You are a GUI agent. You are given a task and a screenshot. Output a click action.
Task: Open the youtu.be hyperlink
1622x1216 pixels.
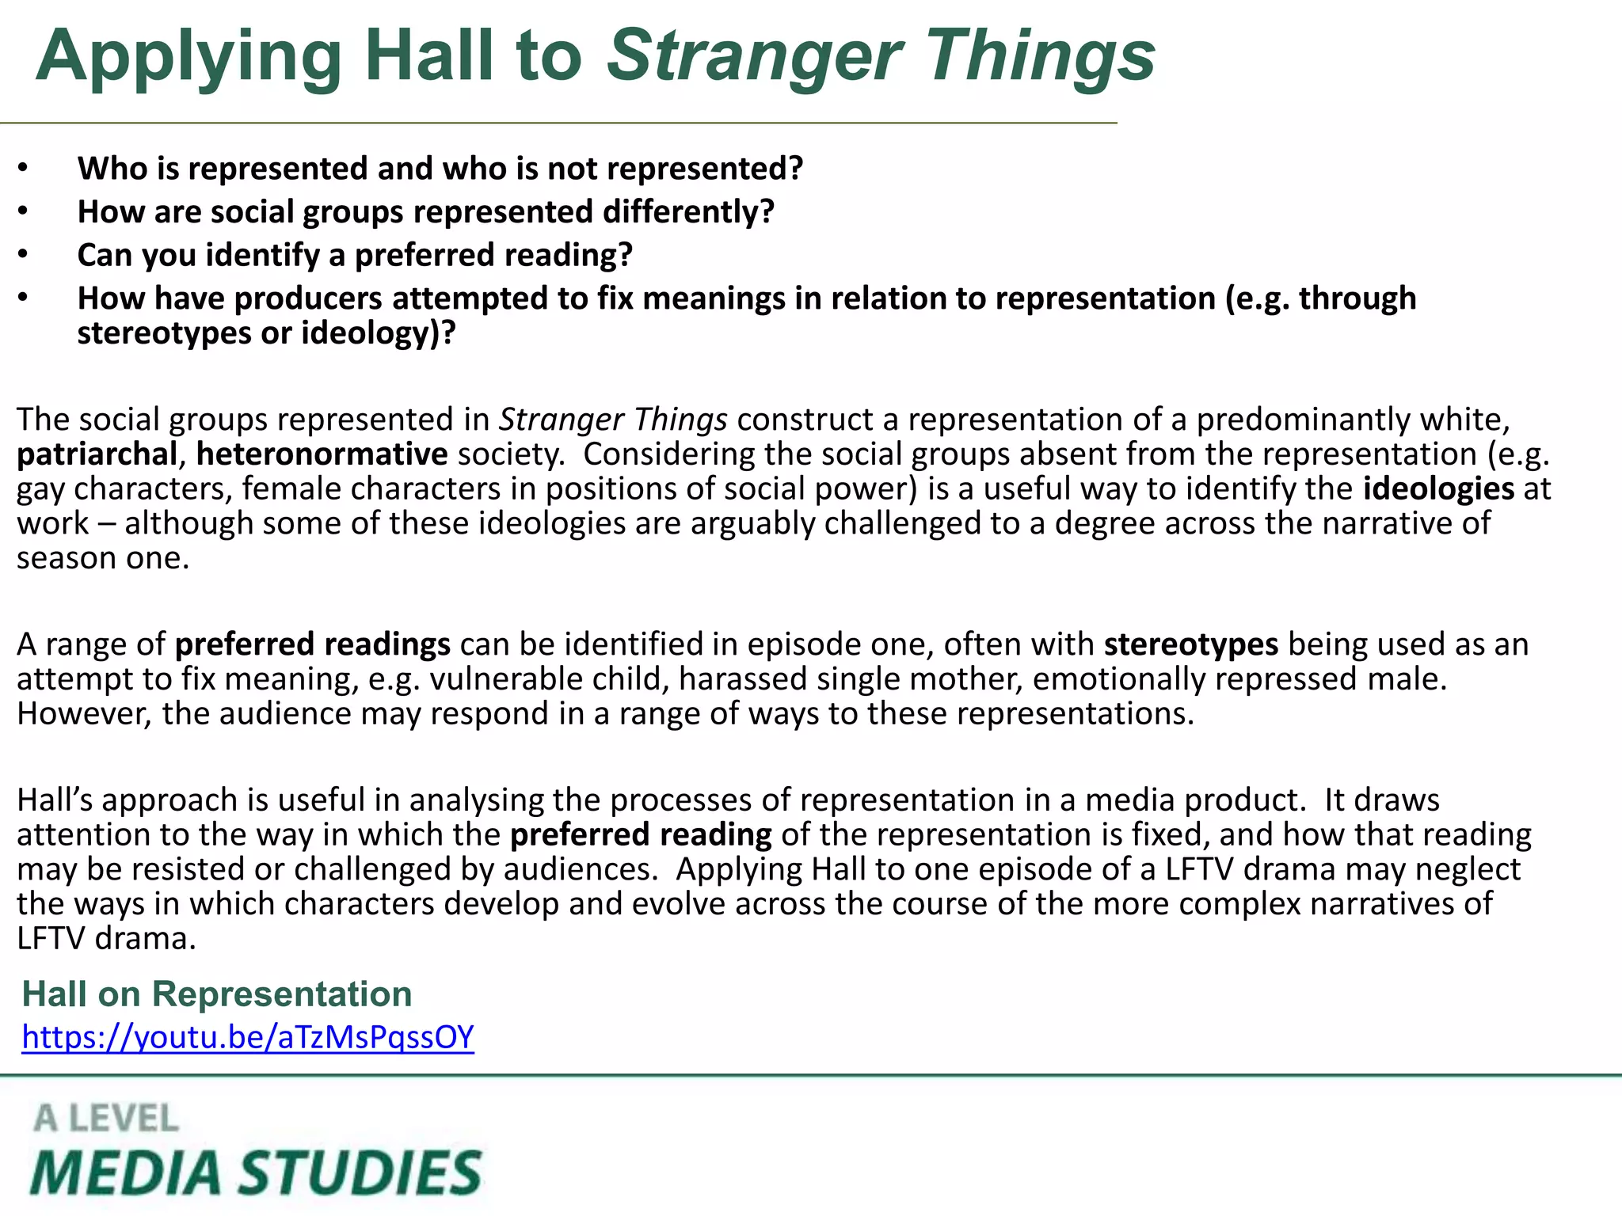click(248, 1036)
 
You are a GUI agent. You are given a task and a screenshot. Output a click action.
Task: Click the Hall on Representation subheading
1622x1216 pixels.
click(217, 994)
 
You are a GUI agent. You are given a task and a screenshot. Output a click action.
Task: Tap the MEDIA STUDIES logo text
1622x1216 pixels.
click(256, 1172)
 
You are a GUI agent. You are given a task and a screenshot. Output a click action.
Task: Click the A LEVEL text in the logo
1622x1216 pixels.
click(106, 1119)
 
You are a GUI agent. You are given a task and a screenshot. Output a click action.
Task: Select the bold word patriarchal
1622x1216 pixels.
click(97, 454)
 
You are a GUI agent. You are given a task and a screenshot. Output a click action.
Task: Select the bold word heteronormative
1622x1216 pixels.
click(322, 454)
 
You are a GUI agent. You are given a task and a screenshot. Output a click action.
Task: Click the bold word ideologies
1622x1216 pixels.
click(1438, 488)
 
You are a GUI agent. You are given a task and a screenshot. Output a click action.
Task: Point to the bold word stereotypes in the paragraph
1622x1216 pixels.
click(1190, 644)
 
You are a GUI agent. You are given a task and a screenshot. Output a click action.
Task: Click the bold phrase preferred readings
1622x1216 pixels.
click(312, 644)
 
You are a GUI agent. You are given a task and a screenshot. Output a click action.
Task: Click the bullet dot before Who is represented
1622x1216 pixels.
click(24, 168)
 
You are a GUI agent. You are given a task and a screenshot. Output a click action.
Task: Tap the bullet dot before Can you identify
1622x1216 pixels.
click(24, 254)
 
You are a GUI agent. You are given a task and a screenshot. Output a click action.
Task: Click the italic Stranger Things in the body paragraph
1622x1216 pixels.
click(612, 420)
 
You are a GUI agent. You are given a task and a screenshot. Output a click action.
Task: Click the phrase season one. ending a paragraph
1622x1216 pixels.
click(103, 558)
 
